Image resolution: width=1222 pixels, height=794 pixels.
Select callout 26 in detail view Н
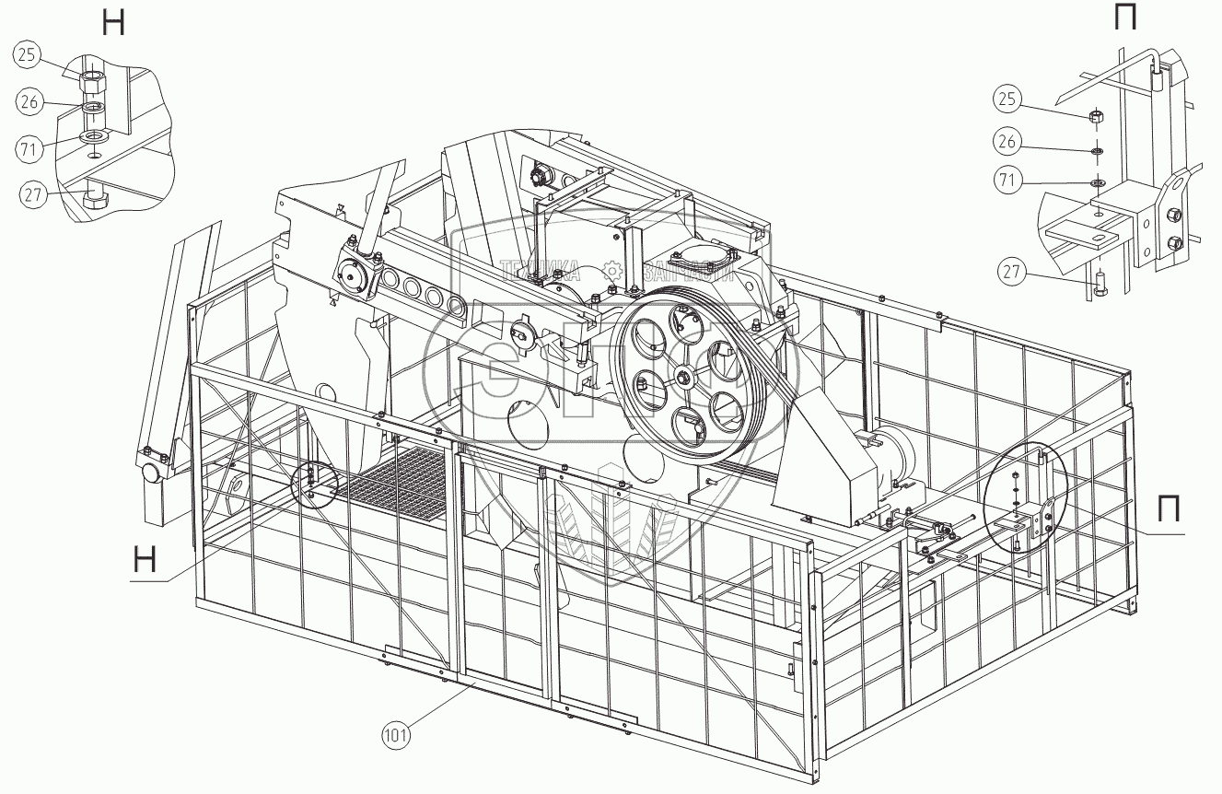(x=29, y=101)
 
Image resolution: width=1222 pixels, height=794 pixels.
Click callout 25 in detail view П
(x=1007, y=97)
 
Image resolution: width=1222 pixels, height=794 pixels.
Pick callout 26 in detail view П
(x=1007, y=141)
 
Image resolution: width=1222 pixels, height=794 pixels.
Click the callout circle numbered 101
(x=397, y=735)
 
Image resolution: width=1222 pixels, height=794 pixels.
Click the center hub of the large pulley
(x=683, y=376)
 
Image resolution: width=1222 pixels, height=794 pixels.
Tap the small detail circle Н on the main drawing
(x=310, y=483)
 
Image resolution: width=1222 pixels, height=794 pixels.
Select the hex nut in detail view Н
(x=94, y=79)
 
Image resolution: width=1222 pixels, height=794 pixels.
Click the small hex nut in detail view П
(x=1097, y=116)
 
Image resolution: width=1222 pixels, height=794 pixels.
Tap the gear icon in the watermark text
(x=611, y=270)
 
